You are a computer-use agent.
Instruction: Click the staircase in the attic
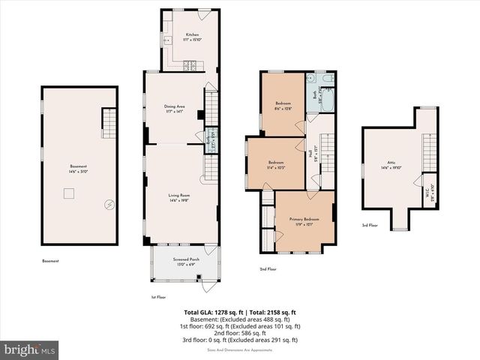[429, 154]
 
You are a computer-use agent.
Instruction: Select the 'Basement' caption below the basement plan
[51, 261]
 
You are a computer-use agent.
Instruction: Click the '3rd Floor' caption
[370, 225]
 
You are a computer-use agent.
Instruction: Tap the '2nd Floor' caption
[268, 268]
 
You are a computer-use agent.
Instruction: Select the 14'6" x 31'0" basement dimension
[79, 171]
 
